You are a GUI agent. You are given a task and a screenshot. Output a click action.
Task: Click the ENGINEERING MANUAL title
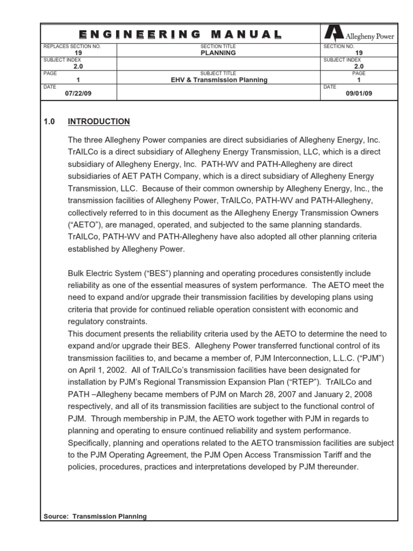point(181,35)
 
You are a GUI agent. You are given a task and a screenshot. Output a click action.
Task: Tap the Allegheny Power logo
point(358,36)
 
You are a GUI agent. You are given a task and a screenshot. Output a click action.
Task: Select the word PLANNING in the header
point(218,53)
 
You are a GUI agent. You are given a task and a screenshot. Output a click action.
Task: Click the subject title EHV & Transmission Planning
point(218,80)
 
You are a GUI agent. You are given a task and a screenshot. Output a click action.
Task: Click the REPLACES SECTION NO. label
point(72,47)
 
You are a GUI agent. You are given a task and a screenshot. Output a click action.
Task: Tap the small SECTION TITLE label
point(218,47)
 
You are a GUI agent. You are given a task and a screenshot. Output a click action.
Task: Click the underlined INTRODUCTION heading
point(99,122)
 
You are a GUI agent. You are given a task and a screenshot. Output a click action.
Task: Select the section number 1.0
point(49,122)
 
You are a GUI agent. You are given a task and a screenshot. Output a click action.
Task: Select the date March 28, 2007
point(241,394)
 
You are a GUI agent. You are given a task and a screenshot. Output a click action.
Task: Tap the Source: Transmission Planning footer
point(95,517)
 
